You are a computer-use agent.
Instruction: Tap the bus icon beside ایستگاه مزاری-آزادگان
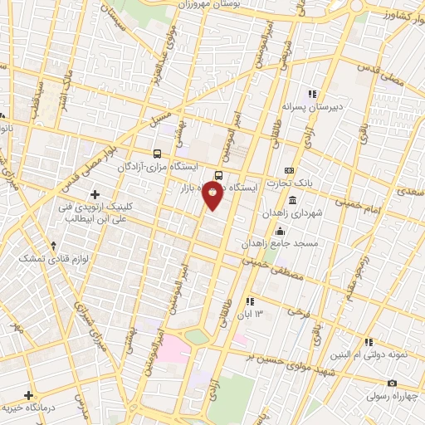coord(158,154)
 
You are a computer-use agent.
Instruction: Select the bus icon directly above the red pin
coord(218,175)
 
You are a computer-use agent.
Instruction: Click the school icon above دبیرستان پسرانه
coord(313,94)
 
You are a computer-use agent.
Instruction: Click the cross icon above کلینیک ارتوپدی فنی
coord(95,193)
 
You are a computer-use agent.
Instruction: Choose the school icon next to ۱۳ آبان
coord(250,300)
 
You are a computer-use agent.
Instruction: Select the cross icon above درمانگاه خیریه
coord(30,395)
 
